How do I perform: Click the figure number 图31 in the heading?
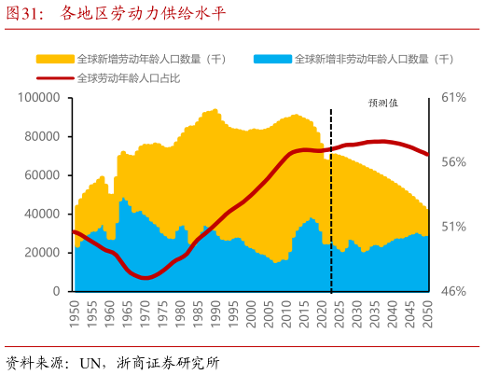(28, 14)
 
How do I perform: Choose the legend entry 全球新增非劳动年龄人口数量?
(373, 59)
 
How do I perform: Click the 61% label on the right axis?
(453, 97)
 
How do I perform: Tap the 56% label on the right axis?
(453, 162)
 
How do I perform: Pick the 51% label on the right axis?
(453, 227)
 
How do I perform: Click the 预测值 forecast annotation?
(382, 103)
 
